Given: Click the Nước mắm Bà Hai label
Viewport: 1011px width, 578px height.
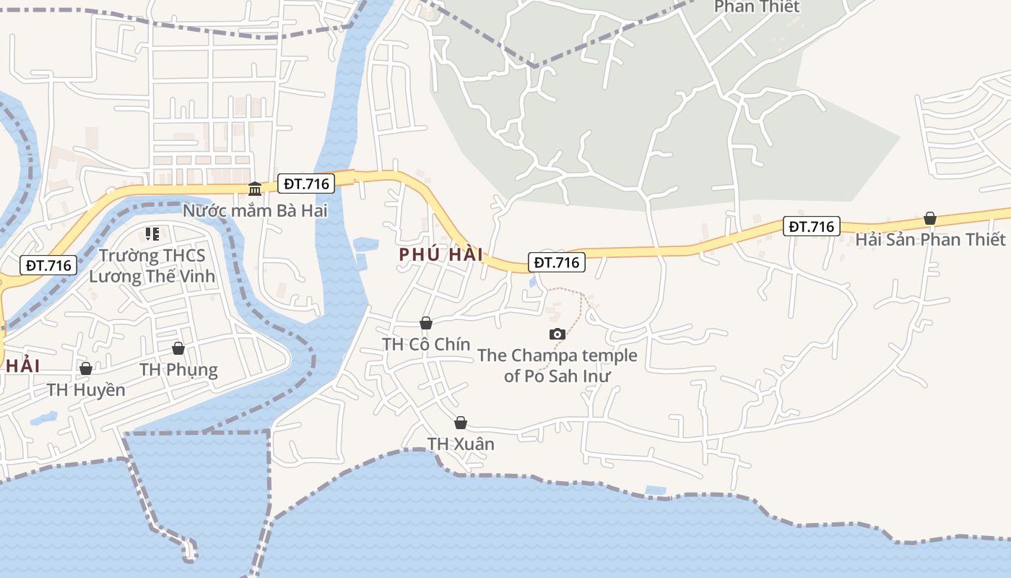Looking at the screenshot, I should tap(255, 211).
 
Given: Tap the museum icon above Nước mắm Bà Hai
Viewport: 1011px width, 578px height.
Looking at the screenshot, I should tap(255, 189).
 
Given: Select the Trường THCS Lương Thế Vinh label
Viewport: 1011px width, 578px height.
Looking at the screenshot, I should tap(152, 265).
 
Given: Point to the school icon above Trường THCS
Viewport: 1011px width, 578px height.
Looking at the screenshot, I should tap(152, 234).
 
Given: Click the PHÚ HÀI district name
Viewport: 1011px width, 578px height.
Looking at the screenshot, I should tap(441, 254).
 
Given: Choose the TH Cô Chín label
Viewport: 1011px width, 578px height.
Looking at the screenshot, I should tap(426, 344).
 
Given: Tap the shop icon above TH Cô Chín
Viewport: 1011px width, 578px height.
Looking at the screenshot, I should tap(426, 323).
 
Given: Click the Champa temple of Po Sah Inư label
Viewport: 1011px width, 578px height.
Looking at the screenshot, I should tap(557, 366).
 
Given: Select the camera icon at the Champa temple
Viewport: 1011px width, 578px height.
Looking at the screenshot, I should tap(557, 334).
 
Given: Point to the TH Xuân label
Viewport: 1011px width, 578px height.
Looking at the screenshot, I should tap(461, 444).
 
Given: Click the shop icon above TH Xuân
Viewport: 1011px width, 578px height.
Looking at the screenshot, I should tap(461, 423).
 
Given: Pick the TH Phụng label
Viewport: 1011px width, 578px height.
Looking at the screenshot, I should tap(178, 370).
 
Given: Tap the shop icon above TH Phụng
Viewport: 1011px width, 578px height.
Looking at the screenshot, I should tap(178, 349).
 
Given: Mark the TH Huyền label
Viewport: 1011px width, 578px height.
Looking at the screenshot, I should tap(86, 390).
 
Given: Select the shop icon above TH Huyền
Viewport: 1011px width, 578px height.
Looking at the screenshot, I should tap(86, 369).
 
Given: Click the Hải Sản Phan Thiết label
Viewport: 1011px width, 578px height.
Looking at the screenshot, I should tap(930, 239).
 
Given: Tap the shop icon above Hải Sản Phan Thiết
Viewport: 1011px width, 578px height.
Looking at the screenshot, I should tap(930, 218).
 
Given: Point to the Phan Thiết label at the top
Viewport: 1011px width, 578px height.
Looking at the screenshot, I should tap(757, 7).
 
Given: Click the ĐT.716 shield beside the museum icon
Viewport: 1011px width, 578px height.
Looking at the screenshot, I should tap(306, 184).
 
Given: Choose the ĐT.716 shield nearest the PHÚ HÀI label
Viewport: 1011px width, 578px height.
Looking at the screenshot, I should tap(556, 262).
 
